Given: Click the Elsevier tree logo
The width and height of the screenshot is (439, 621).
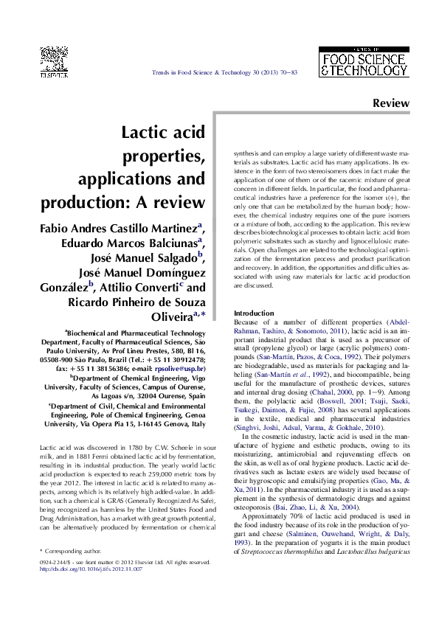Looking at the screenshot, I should (x=53, y=60).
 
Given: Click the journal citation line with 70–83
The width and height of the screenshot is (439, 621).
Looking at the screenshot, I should (x=224, y=72).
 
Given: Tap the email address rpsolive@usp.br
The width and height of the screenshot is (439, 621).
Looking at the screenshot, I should (x=179, y=367).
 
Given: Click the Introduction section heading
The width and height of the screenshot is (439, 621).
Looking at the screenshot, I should (x=253, y=313).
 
